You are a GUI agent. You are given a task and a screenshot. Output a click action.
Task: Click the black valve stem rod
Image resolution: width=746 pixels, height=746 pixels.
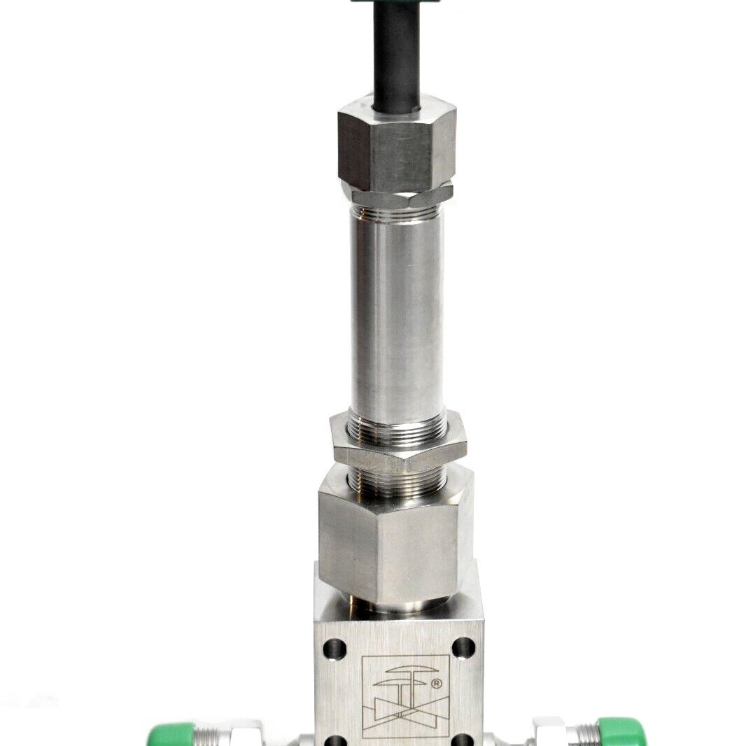(x=396, y=56)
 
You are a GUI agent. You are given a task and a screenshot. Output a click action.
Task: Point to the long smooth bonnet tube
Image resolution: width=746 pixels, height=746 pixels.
(x=397, y=315)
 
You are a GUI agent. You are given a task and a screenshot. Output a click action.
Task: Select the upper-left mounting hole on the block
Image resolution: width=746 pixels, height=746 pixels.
(x=335, y=648)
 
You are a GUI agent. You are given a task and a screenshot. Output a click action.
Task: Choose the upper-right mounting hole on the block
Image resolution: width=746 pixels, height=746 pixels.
(x=463, y=648)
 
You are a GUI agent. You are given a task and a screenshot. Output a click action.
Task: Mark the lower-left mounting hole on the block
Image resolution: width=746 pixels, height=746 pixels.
(x=336, y=740)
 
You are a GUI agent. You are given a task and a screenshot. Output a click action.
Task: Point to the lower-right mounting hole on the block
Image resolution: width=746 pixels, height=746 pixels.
(x=463, y=740)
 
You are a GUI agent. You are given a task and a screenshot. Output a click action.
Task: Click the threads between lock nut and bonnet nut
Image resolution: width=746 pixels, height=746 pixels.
(x=397, y=481)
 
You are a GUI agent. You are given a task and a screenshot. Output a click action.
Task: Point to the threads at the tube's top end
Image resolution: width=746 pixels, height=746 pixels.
(x=396, y=211)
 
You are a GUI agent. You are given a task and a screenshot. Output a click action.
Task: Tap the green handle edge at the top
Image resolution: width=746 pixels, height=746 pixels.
(x=395, y=1)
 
